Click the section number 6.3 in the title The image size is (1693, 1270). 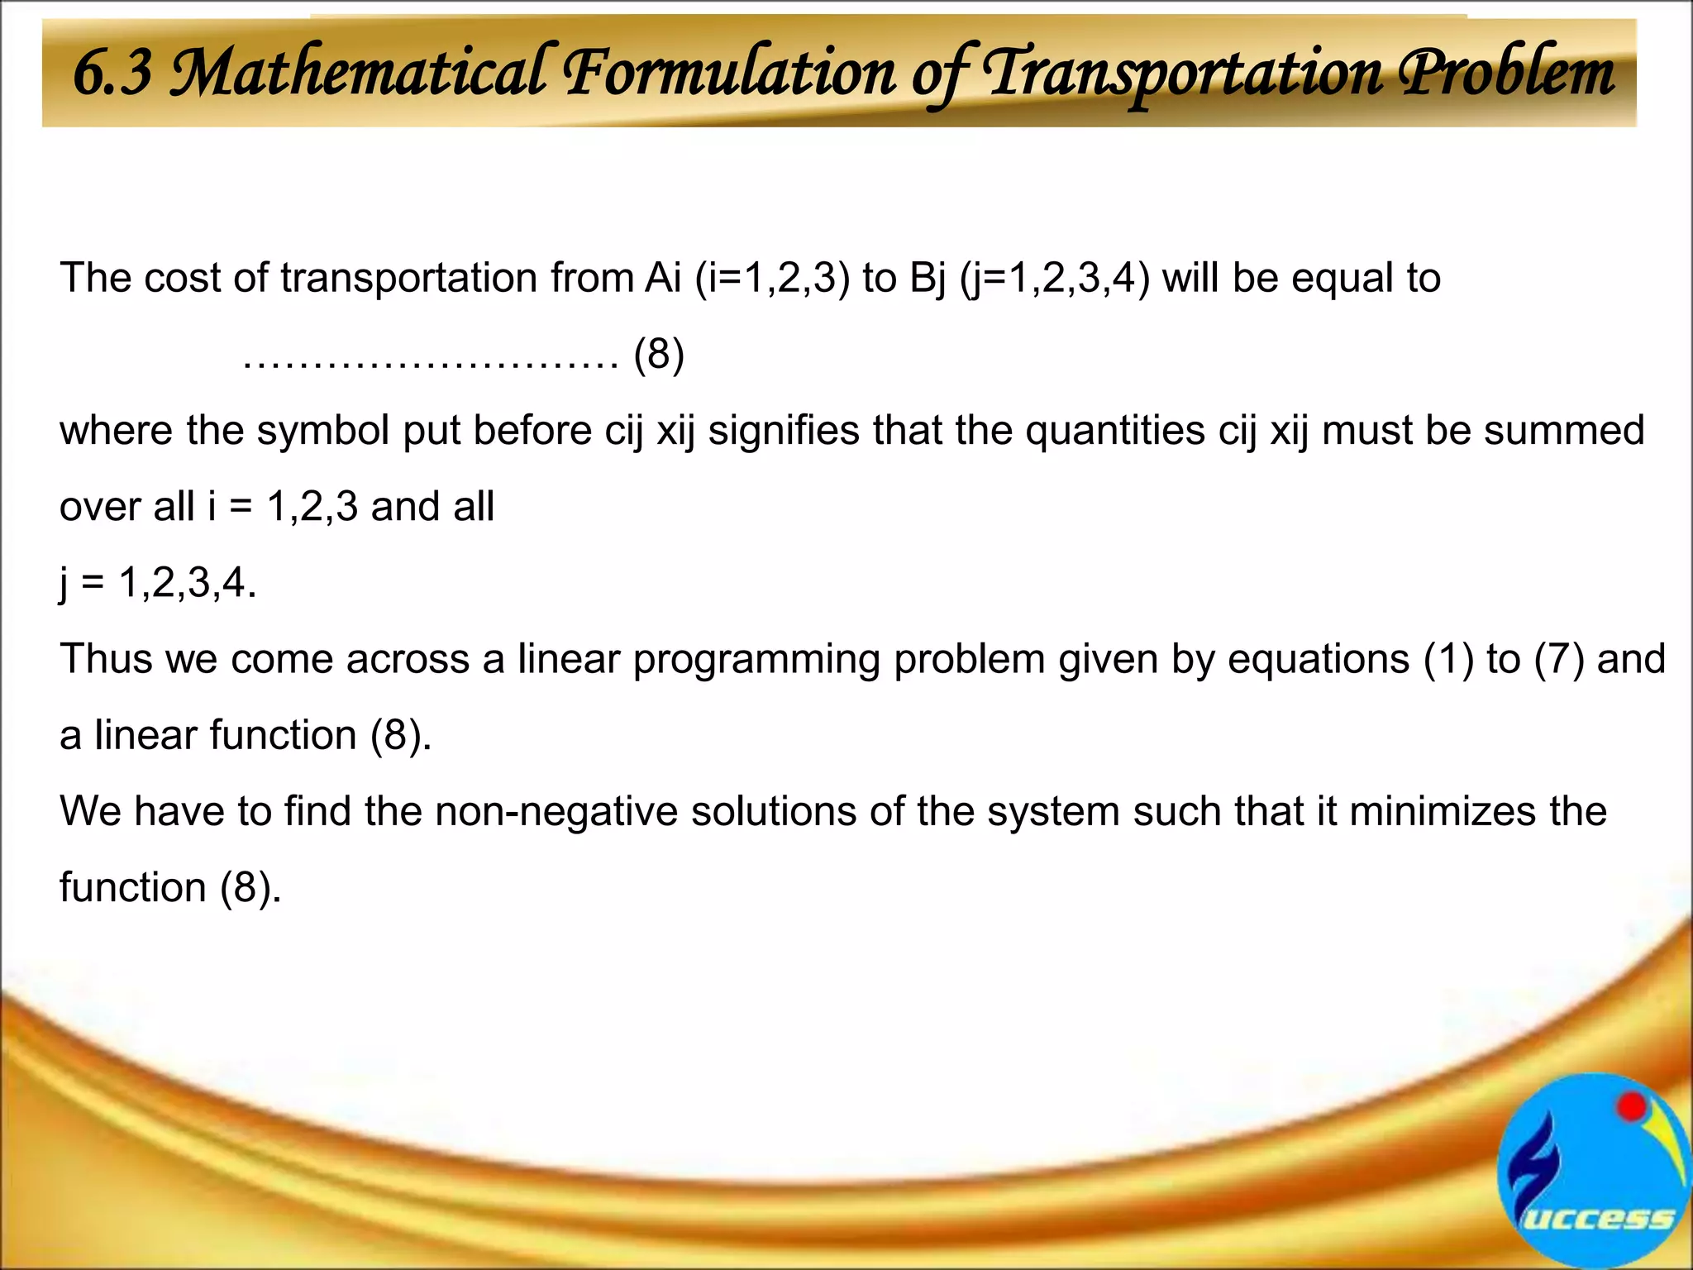coord(112,73)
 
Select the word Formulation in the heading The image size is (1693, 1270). coord(728,73)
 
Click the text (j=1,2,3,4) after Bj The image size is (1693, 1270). coord(1054,278)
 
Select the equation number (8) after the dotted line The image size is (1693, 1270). coord(659,355)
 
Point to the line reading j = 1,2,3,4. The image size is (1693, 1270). coord(158,583)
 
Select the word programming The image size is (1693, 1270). coord(756,659)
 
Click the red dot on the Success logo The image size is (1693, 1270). coord(1631,1107)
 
